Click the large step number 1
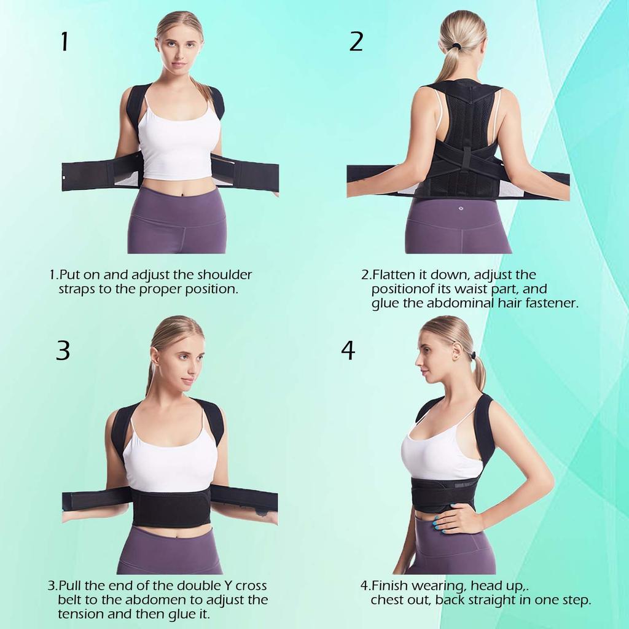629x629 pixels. (x=64, y=42)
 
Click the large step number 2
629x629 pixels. (x=356, y=41)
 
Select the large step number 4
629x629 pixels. (x=348, y=350)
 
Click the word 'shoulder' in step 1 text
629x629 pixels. (x=224, y=275)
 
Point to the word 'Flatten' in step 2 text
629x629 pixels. (x=394, y=275)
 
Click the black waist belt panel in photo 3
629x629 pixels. (x=171, y=506)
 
